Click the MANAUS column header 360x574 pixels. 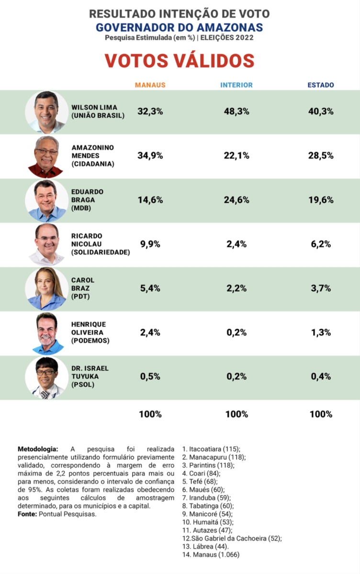pyautogui.click(x=150, y=85)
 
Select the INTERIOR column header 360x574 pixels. pyautogui.click(x=236, y=85)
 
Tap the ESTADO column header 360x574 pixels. pyautogui.click(x=321, y=85)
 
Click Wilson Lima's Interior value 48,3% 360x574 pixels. pyautogui.click(x=236, y=111)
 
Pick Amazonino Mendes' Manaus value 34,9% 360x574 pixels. pyautogui.click(x=150, y=155)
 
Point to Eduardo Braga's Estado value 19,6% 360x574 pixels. pyautogui.click(x=321, y=200)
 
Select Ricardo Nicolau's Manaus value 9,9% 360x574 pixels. pyautogui.click(x=150, y=244)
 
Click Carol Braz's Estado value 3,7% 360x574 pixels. pyautogui.click(x=321, y=288)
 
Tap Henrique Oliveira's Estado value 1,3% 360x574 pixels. pyautogui.click(x=321, y=332)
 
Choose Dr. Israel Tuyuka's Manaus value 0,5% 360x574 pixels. pyautogui.click(x=150, y=376)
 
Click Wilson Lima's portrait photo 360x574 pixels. pyautogui.click(x=46, y=112)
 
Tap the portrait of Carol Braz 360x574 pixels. pyautogui.click(x=46, y=288)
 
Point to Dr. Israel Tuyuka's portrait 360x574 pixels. pyautogui.click(x=46, y=377)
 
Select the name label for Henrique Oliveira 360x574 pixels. pyautogui.click(x=90, y=332)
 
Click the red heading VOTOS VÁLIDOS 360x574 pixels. pyautogui.click(x=180, y=61)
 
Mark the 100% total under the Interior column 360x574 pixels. pyautogui.click(x=236, y=414)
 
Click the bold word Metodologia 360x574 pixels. pyautogui.click(x=38, y=449)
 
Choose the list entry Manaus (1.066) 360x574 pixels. pyautogui.click(x=211, y=555)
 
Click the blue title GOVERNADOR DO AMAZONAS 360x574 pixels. pyautogui.click(x=180, y=27)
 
